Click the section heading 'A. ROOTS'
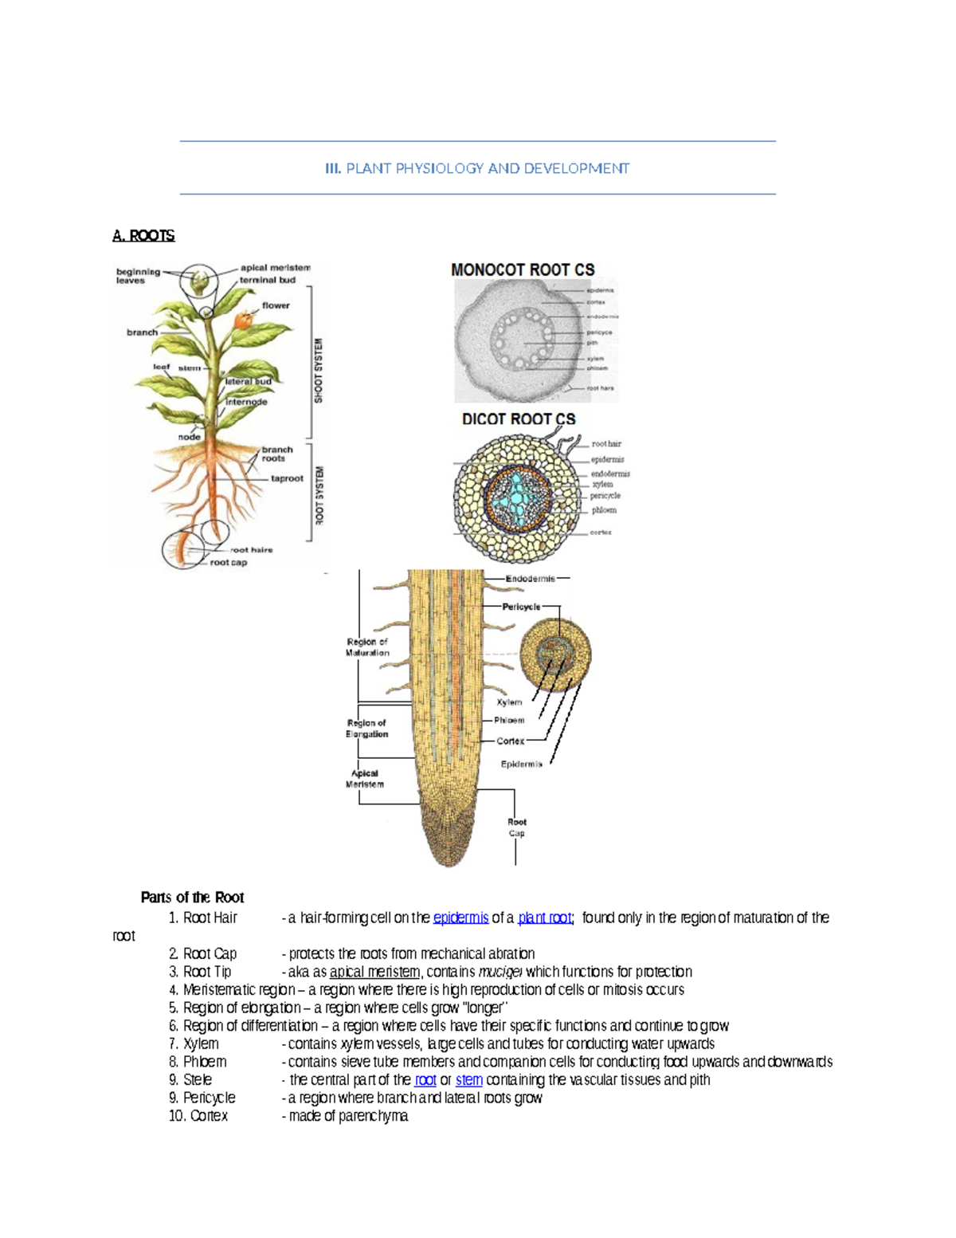tap(143, 235)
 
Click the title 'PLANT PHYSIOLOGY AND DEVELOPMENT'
tap(487, 168)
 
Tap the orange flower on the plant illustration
tap(244, 319)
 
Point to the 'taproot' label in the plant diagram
tap(287, 478)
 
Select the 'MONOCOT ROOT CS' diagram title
tap(523, 270)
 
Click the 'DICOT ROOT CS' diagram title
tap(519, 419)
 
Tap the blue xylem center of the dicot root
tap(518, 498)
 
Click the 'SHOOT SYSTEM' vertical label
tap(319, 371)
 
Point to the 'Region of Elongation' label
tap(366, 729)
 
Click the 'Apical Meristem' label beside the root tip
tap(365, 779)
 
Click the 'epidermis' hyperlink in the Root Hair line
tap(460, 918)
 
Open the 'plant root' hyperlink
tap(545, 918)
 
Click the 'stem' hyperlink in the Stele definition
tap(468, 1080)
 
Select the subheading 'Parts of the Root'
tap(192, 898)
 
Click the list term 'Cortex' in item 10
tap(209, 1116)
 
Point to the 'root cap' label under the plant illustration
tap(229, 563)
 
